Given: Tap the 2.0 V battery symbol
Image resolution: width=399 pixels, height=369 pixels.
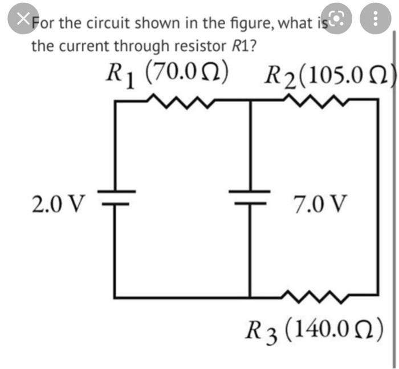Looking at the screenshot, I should pyautogui.click(x=117, y=197).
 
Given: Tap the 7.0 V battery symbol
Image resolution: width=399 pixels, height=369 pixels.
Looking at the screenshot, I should pyautogui.click(x=249, y=197).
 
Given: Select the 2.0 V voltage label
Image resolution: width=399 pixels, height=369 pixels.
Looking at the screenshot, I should pyautogui.click(x=58, y=202).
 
